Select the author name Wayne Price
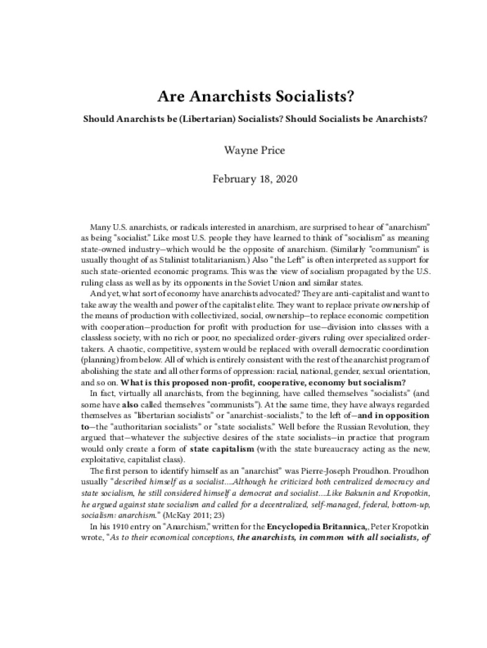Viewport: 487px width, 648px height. click(243, 147)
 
